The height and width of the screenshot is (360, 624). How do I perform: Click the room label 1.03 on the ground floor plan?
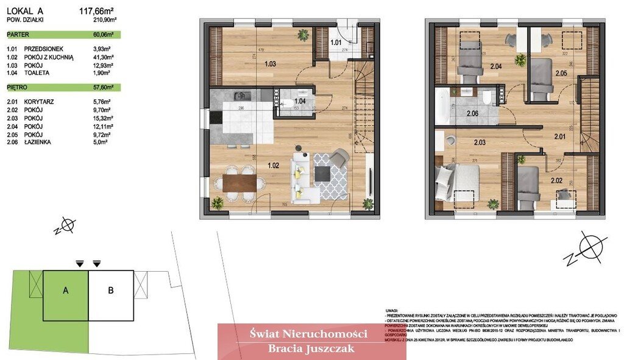pos(269,63)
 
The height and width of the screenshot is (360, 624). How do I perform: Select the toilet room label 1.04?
pos(299,101)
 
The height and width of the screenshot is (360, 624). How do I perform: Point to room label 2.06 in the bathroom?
pos(473,113)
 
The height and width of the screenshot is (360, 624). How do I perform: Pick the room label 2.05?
pos(561,74)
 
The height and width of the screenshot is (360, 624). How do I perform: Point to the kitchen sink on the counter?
pos(241,96)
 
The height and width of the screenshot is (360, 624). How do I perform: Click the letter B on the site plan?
pos(110,291)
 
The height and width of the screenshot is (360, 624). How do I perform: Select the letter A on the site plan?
pos(66,291)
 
